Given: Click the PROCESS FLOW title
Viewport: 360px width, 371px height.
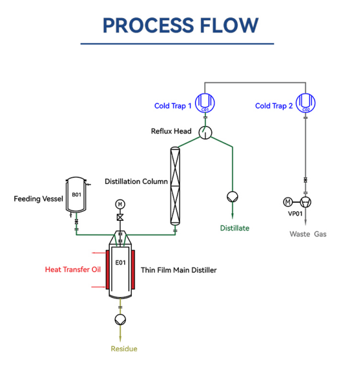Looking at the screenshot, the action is (x=181, y=25).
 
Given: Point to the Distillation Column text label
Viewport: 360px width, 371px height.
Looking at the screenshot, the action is (x=136, y=181).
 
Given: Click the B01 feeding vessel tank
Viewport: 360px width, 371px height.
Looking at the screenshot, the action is (x=76, y=194).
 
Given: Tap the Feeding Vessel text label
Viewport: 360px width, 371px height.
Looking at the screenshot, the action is (x=38, y=199).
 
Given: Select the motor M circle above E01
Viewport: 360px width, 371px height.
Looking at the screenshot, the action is (x=120, y=204).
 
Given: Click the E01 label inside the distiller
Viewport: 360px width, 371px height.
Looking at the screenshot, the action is (x=120, y=262).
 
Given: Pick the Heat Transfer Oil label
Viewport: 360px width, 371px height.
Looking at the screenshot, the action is (x=73, y=270).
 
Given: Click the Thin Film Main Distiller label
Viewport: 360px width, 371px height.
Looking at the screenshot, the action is (x=179, y=270).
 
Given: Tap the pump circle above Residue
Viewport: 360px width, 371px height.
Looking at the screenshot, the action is (x=120, y=320).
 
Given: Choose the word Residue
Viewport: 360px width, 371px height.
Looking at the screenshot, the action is (x=124, y=349).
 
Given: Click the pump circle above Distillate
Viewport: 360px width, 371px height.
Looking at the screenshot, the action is (x=233, y=197).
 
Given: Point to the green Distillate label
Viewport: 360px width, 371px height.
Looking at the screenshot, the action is (x=235, y=228).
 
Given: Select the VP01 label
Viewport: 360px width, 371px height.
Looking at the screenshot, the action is (x=295, y=214).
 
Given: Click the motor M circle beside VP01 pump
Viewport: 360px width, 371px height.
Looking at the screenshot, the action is (x=288, y=202).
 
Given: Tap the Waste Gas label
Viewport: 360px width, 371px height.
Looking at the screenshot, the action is (x=308, y=234).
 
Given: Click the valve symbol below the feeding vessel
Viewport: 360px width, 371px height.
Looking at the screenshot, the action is (x=76, y=222).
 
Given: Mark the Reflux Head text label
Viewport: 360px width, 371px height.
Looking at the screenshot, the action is (x=171, y=131).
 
